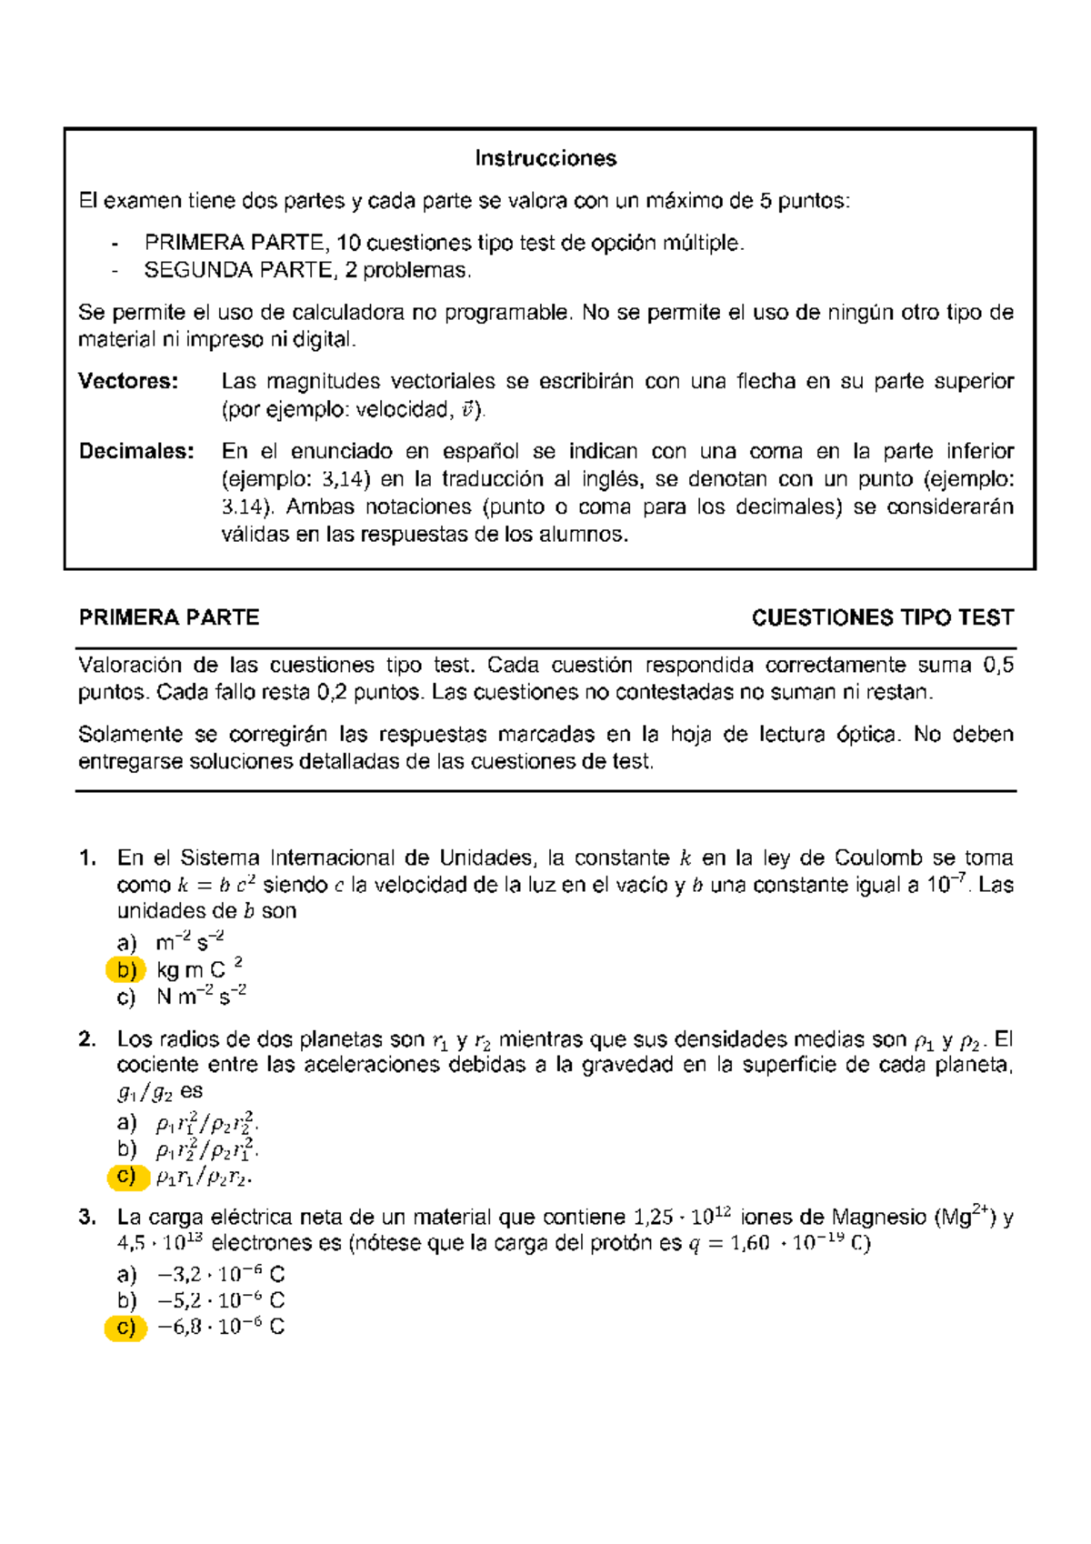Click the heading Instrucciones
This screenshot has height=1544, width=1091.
tap(545, 158)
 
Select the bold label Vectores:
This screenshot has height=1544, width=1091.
tap(127, 381)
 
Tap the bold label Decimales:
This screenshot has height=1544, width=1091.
tap(136, 451)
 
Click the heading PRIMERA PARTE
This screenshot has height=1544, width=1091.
tap(169, 618)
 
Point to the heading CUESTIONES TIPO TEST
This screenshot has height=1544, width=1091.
tap(882, 618)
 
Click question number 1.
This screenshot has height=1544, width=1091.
tap(87, 857)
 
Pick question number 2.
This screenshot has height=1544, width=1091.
tap(87, 1038)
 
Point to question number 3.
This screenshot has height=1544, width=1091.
tap(87, 1217)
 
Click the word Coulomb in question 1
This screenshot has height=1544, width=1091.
tap(878, 857)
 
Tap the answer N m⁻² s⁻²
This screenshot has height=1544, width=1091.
tap(201, 997)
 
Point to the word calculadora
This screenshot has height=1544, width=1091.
tap(348, 313)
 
